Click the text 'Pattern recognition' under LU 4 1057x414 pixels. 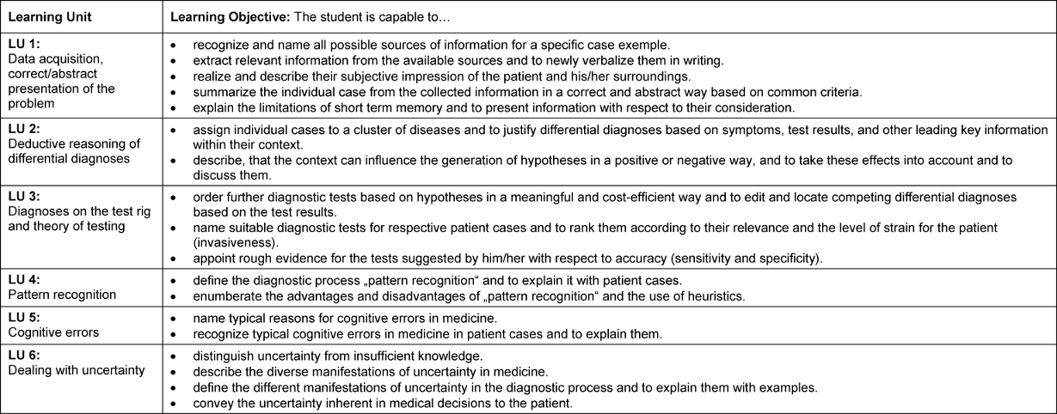click(x=60, y=295)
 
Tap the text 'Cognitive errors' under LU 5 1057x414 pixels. click(x=52, y=332)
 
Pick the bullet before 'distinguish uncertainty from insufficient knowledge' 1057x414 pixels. click(x=174, y=355)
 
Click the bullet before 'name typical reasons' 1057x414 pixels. click(x=174, y=317)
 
